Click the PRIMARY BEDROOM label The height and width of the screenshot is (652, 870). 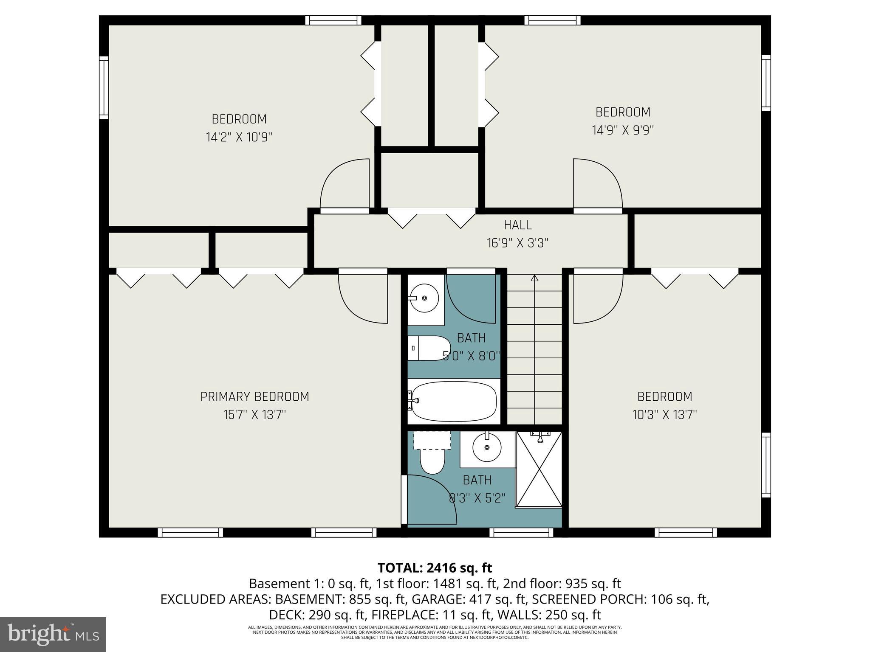coord(254,396)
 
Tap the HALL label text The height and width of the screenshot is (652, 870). coord(517,225)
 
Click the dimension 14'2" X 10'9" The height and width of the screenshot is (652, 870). coord(239,137)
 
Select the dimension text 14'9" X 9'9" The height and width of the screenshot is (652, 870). coord(623,130)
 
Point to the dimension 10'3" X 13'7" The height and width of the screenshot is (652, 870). coord(664,414)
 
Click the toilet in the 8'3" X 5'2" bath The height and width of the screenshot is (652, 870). coord(432,461)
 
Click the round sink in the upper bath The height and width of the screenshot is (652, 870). coord(424,298)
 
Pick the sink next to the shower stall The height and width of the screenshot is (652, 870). coord(487,447)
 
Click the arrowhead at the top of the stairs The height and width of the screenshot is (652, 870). coord(534,278)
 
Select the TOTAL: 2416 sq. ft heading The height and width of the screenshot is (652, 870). coord(435,568)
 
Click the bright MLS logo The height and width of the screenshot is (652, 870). coord(53,634)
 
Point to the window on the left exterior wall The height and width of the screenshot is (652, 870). coord(104,88)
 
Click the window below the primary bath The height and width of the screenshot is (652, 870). coord(521,532)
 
